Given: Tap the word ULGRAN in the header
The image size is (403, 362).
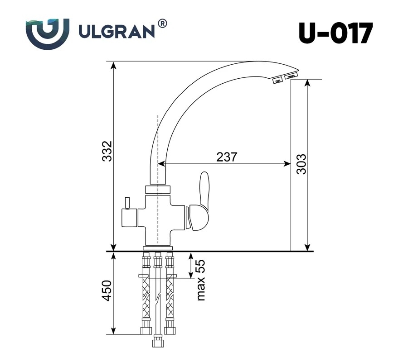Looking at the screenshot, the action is [x=117, y=32].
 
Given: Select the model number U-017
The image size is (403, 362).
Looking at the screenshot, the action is [x=335, y=33].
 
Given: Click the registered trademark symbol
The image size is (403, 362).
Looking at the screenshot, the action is [x=162, y=24].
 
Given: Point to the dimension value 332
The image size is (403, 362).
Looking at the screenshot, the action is [x=107, y=151].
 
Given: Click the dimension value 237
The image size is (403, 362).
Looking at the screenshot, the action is [x=227, y=157].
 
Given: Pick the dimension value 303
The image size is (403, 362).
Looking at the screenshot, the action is [x=301, y=164].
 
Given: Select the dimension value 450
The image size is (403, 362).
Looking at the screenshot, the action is [x=107, y=291].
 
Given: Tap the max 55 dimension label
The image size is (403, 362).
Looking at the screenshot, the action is [x=201, y=280].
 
